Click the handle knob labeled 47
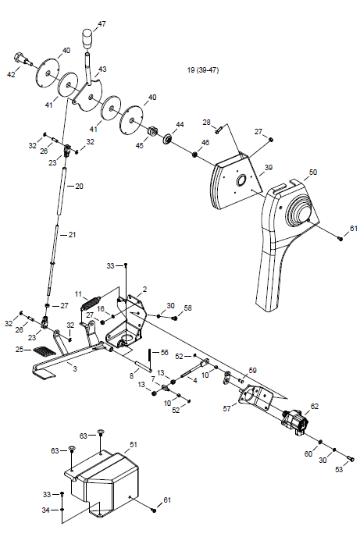click(x=88, y=39)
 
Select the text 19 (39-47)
click(x=203, y=70)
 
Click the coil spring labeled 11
click(x=91, y=302)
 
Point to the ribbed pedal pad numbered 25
click(x=45, y=351)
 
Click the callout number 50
click(x=312, y=172)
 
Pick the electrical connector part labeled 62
click(x=294, y=421)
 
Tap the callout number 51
click(x=134, y=445)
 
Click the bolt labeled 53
click(x=350, y=459)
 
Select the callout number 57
click(x=226, y=408)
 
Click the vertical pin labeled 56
click(x=150, y=359)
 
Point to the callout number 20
click(x=79, y=187)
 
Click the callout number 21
click(x=72, y=235)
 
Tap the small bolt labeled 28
click(x=219, y=130)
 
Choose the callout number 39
click(x=269, y=167)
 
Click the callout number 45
click(x=140, y=145)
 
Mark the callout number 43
click(x=102, y=69)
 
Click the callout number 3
click(x=75, y=369)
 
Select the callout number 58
click(x=187, y=308)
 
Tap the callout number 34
click(x=45, y=510)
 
